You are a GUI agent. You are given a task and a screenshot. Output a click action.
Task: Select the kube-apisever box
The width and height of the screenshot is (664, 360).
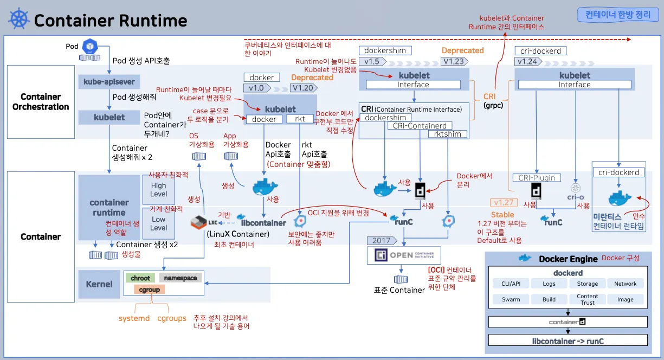click(x=109, y=82)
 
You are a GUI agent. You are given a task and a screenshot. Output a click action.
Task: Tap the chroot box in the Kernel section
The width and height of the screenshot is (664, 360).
click(x=140, y=278)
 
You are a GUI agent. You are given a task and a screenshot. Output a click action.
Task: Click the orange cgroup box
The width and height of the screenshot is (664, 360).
click(x=150, y=290)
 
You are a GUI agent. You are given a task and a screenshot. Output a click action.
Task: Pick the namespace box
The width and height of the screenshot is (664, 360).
click(x=180, y=278)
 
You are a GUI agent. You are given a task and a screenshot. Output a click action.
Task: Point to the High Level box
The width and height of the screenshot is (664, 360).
click(x=158, y=190)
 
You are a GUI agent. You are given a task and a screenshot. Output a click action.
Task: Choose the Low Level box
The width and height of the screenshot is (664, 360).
click(x=158, y=223)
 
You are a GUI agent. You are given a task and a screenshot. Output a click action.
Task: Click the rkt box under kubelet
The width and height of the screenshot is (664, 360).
click(x=300, y=119)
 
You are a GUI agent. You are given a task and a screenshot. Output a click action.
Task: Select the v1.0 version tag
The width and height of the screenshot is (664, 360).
click(x=257, y=88)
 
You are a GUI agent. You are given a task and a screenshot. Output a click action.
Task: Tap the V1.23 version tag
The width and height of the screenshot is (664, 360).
click(x=453, y=61)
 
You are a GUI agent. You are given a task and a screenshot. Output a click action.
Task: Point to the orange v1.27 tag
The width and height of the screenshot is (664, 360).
click(x=502, y=203)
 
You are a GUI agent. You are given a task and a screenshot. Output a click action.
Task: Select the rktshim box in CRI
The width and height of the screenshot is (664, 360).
click(x=448, y=134)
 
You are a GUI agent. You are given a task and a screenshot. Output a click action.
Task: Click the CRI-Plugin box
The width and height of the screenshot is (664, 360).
click(x=537, y=178)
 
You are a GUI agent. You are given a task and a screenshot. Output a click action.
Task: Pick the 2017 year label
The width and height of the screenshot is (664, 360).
click(x=382, y=240)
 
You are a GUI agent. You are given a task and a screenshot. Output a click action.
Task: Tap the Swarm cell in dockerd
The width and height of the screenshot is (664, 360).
click(x=511, y=299)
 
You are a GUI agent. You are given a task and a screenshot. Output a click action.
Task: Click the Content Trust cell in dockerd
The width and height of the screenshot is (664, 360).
click(x=587, y=299)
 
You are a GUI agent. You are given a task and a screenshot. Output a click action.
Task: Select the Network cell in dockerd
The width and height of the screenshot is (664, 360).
click(x=625, y=284)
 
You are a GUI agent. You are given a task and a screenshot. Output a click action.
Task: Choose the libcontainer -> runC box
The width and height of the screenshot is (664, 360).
click(x=568, y=341)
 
